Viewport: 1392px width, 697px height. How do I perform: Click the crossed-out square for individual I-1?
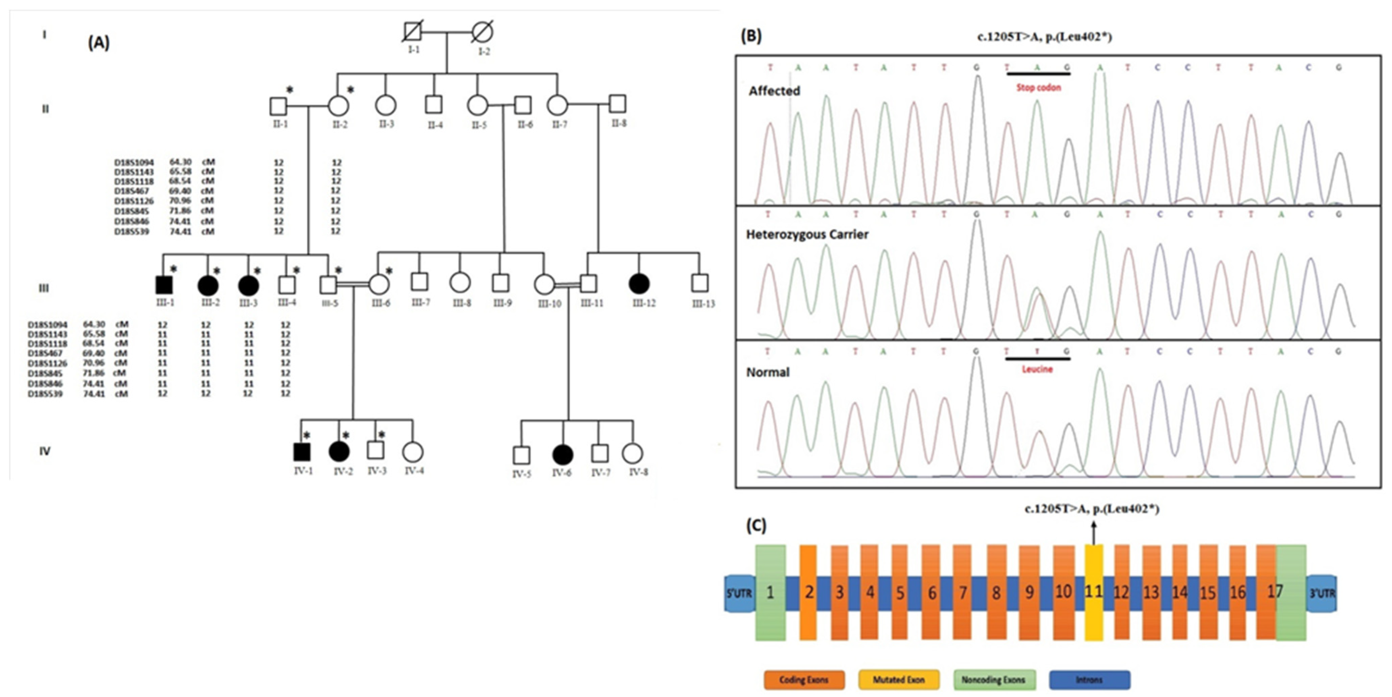click(x=412, y=31)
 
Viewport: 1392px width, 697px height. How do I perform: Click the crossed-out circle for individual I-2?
click(x=482, y=32)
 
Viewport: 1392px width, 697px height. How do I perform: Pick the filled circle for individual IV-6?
click(x=563, y=455)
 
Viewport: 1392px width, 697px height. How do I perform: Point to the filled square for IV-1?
click(x=302, y=452)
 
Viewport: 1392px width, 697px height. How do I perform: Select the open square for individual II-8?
click(x=618, y=104)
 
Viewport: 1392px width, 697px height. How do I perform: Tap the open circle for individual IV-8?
click(x=633, y=454)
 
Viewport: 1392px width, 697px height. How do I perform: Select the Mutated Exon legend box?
click(x=899, y=680)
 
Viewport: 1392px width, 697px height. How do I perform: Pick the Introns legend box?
click(x=1089, y=680)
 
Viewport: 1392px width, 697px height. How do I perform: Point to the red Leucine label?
click(x=1037, y=369)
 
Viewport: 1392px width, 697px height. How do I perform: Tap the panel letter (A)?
click(x=99, y=43)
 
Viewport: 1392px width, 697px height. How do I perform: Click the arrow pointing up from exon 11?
click(x=1094, y=532)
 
